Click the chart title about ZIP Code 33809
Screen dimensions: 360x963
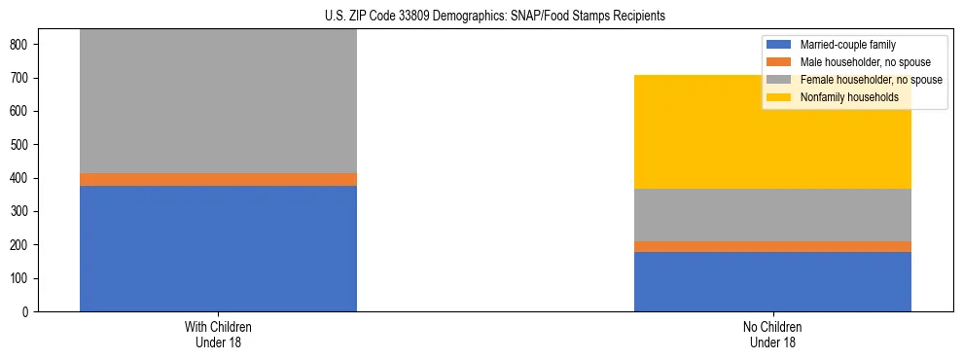(x=495, y=17)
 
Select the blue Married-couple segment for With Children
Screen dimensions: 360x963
(x=218, y=248)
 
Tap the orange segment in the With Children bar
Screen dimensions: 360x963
(x=218, y=179)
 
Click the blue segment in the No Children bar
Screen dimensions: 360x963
(x=772, y=281)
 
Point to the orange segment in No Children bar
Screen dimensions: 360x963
(x=772, y=246)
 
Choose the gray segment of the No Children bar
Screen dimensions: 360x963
(x=772, y=215)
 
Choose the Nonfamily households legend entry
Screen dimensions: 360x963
(x=842, y=97)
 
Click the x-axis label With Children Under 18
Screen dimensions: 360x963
(x=218, y=334)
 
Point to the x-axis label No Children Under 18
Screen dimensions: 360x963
(x=772, y=334)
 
